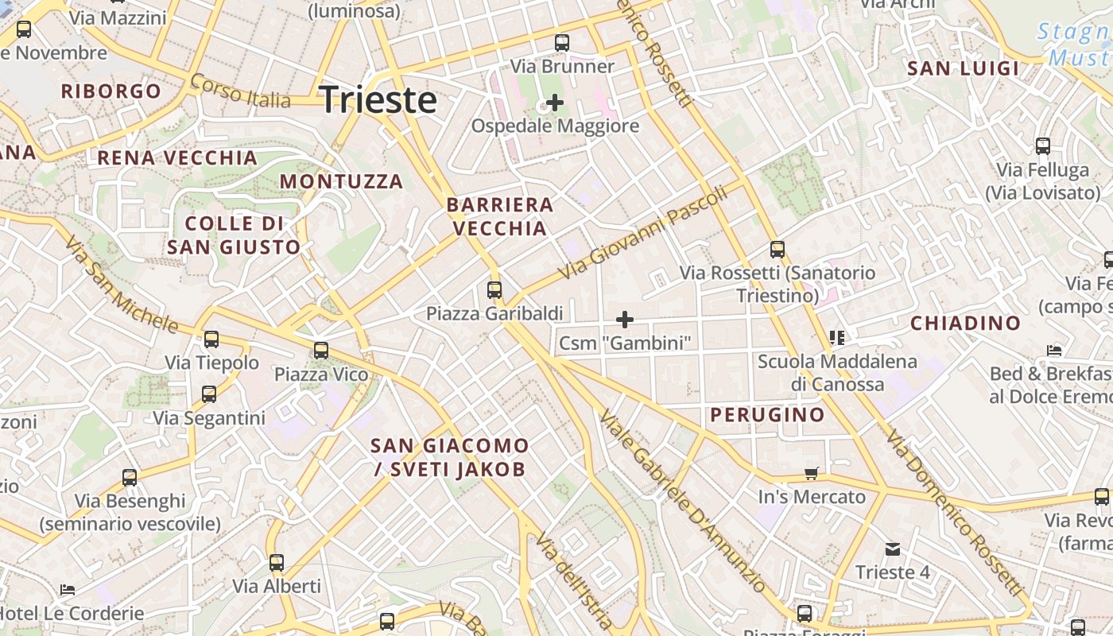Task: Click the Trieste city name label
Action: [378, 100]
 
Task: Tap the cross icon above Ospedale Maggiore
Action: [555, 103]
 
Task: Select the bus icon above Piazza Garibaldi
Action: [494, 290]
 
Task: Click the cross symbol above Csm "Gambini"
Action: [625, 320]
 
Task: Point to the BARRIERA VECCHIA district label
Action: [499, 216]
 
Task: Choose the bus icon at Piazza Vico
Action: [321, 351]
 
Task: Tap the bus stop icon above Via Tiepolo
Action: [211, 340]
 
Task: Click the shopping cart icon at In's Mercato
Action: [811, 474]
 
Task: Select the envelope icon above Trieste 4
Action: [893, 549]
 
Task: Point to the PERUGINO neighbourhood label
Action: [767, 414]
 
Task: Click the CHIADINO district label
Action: [965, 323]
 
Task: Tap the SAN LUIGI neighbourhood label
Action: [963, 68]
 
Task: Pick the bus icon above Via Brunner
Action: [562, 43]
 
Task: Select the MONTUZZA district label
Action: [341, 181]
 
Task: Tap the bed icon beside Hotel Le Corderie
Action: [68, 590]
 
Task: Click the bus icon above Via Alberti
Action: [277, 563]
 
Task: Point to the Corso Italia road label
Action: [240, 91]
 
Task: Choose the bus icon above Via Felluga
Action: [1042, 146]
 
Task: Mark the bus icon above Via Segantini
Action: [209, 394]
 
